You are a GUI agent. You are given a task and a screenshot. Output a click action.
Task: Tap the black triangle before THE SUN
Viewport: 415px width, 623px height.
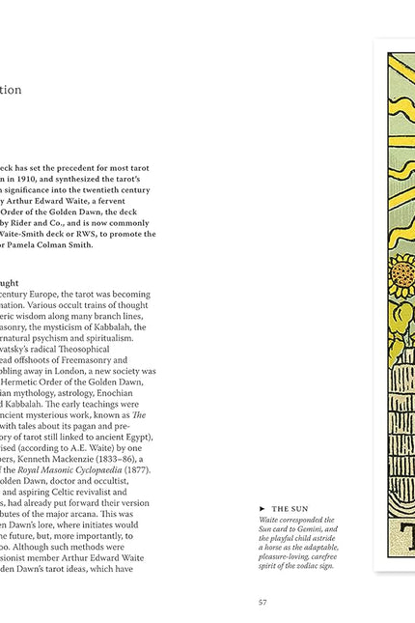(x=263, y=508)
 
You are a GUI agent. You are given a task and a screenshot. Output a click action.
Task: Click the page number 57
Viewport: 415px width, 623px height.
(x=262, y=602)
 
